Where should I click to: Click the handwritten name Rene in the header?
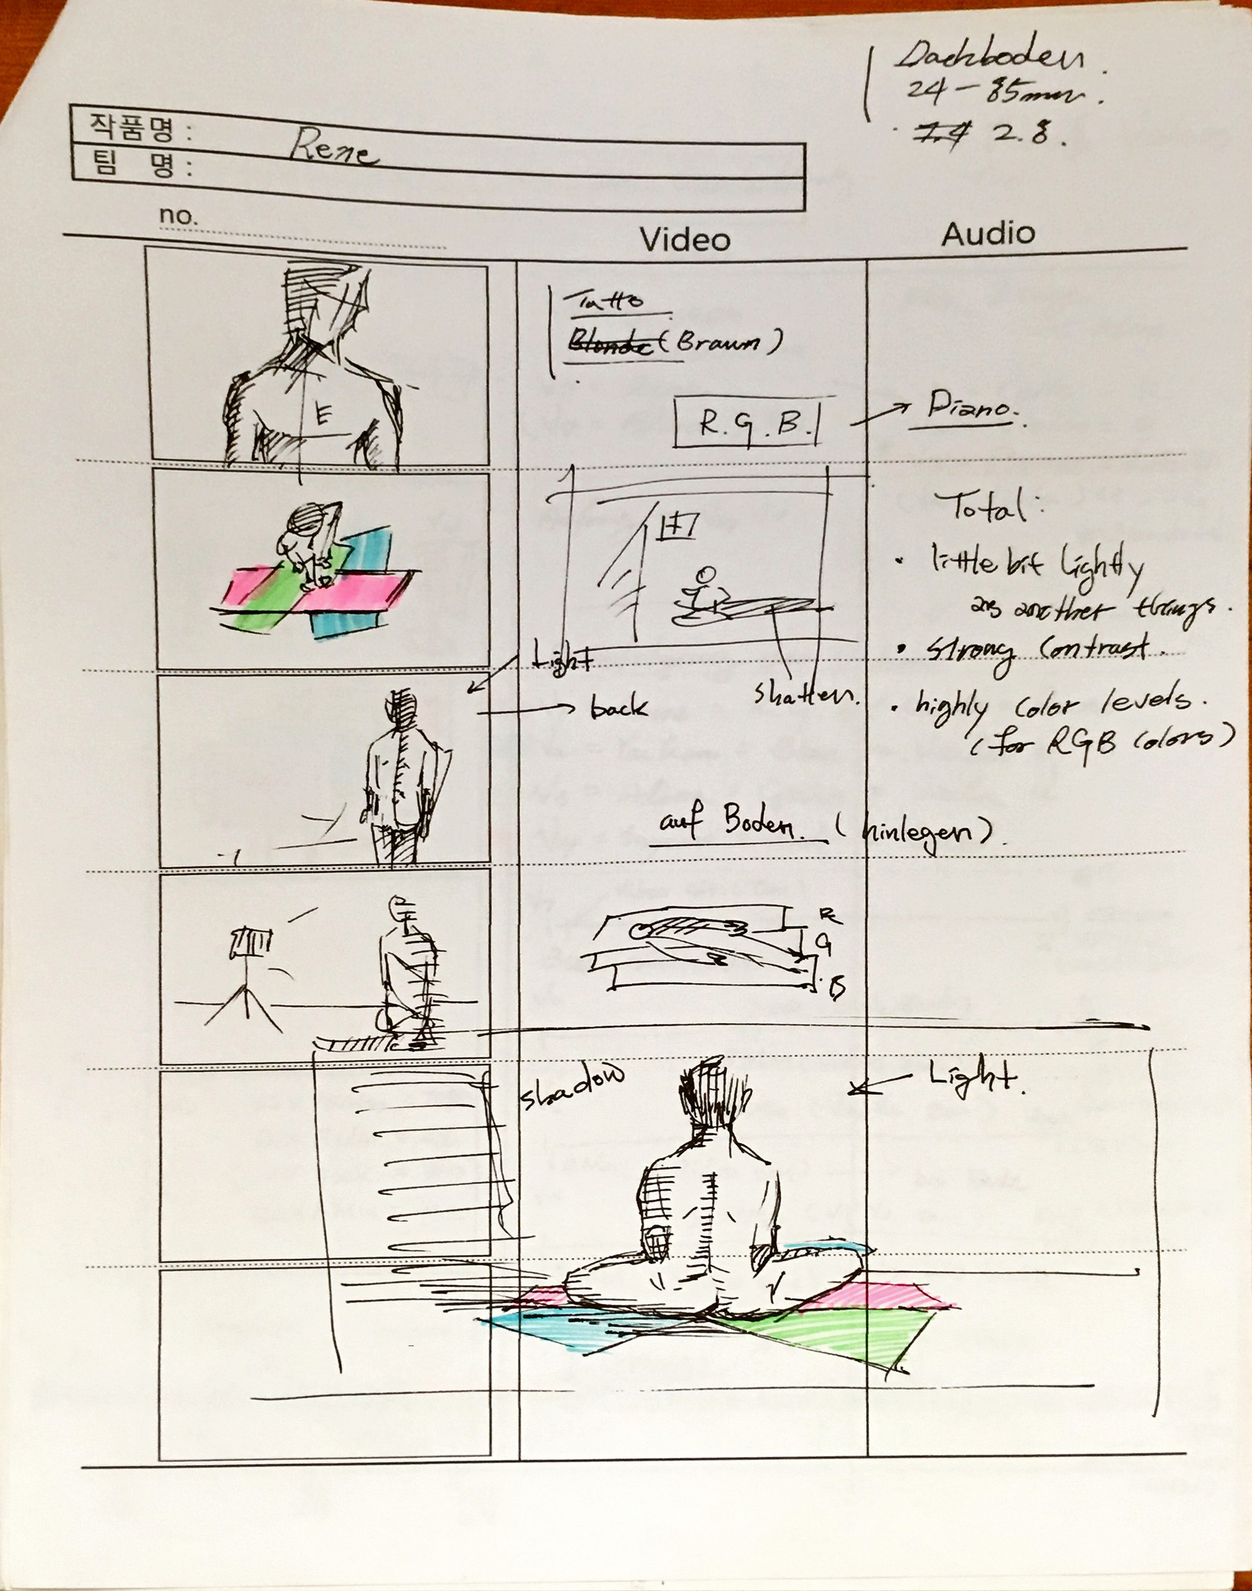(333, 149)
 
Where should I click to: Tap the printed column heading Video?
(685, 240)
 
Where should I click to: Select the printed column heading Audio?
(987, 234)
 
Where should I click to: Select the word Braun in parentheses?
(720, 342)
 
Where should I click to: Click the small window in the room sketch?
(679, 524)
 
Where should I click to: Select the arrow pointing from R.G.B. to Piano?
(880, 416)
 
